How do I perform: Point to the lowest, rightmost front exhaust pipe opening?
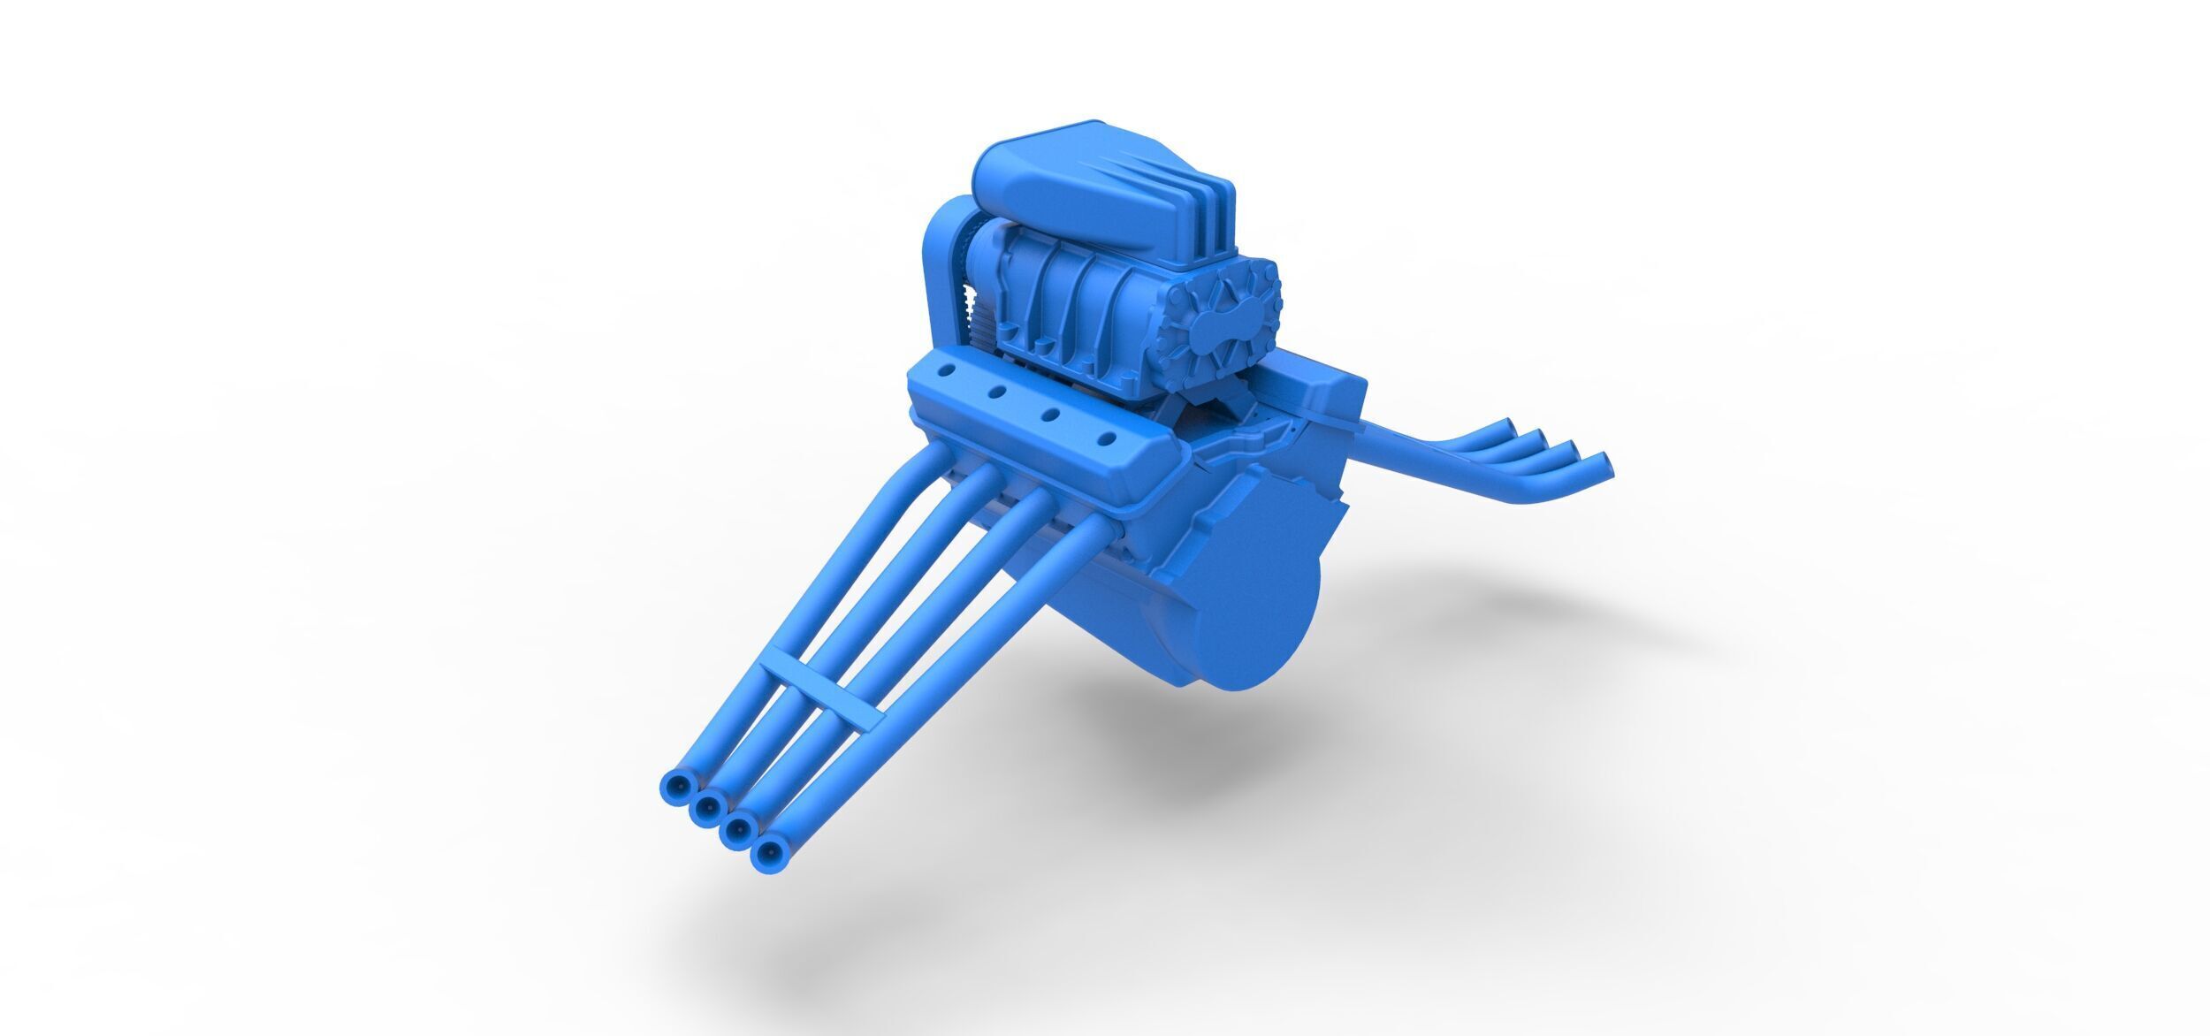767,853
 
